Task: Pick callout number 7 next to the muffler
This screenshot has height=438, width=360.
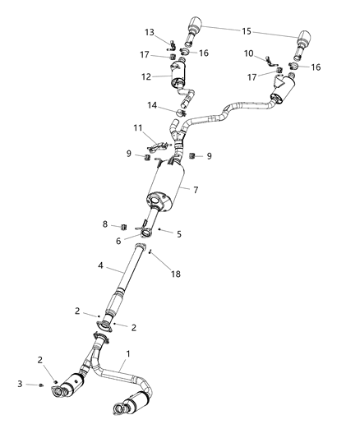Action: pos(196,189)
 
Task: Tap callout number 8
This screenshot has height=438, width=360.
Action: pos(105,224)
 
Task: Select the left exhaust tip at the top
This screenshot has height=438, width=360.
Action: pos(198,22)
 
